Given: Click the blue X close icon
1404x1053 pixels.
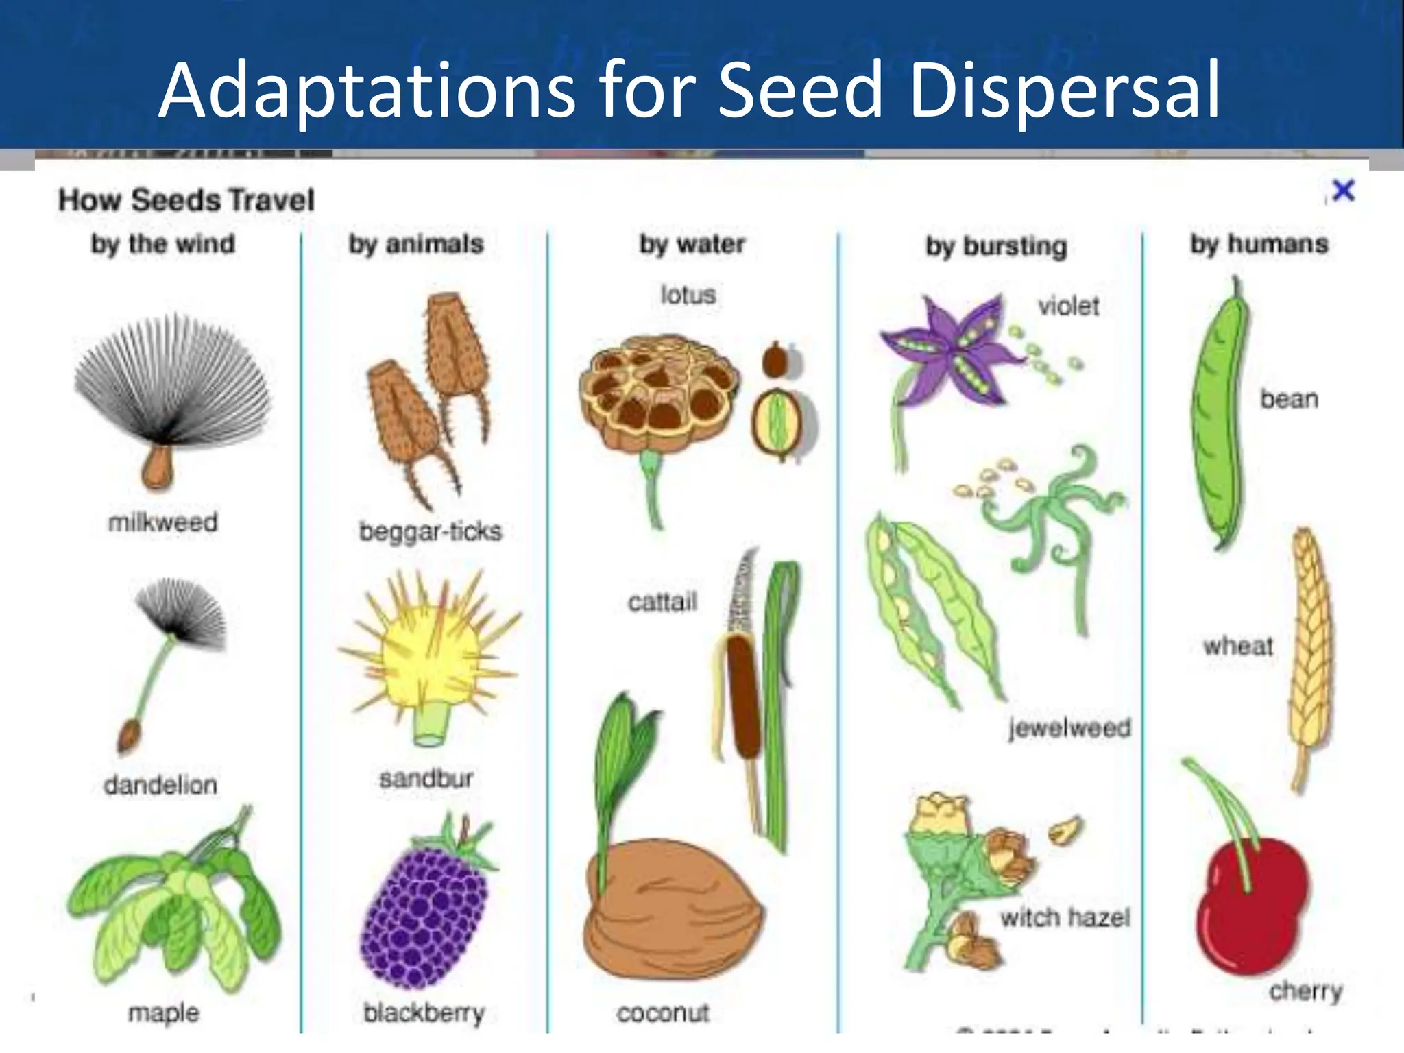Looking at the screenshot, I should (1343, 191).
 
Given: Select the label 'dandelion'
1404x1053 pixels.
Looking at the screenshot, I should (160, 784).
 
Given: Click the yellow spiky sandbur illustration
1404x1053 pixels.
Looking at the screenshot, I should (428, 655).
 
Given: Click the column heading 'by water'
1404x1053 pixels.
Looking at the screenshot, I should (692, 244).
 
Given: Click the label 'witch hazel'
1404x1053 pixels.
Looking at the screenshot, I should (1065, 917).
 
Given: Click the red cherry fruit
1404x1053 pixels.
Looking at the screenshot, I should (1251, 905).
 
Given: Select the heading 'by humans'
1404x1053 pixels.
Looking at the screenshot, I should (1259, 244).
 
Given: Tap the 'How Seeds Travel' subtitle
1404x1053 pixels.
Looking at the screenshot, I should (186, 200).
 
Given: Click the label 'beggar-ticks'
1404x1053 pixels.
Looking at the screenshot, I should (431, 531).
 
